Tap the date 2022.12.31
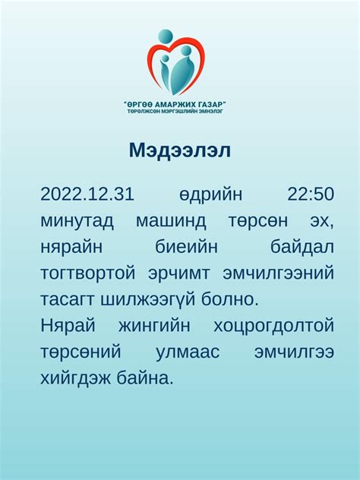(87, 194)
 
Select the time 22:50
(311, 194)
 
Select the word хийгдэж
(77, 378)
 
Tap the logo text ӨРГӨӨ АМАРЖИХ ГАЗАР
(175, 103)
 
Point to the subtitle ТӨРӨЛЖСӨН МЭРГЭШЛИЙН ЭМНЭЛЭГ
(175, 112)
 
